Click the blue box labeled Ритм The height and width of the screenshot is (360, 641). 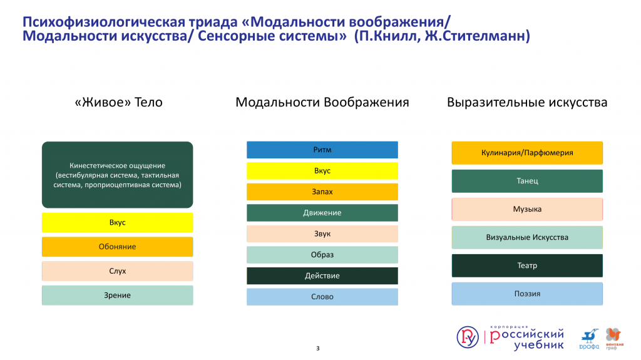pos(322,150)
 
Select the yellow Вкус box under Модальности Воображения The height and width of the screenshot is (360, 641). pos(322,170)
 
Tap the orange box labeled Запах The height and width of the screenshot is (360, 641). pos(322,192)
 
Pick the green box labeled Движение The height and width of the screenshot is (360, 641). pos(322,213)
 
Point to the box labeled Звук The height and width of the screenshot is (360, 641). pos(322,234)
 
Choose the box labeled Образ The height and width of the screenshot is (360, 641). pos(322,254)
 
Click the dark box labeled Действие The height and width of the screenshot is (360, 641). pos(322,275)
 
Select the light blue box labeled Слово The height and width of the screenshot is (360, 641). pos(322,297)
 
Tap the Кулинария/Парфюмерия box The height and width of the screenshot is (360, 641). pos(527,153)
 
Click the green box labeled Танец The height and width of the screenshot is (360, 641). pos(527,181)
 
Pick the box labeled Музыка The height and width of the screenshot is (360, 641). pos(527,209)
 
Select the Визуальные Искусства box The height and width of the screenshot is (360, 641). pos(527,237)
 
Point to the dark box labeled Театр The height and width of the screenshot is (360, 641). pos(527,265)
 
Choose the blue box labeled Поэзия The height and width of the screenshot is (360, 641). pos(527,294)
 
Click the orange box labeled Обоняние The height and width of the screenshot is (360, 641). pos(117,247)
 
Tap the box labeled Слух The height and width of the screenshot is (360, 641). pos(117,271)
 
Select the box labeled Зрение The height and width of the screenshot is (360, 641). pos(117,296)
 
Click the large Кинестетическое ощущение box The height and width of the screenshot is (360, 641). pos(117,175)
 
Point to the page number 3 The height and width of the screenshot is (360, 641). pos(317,349)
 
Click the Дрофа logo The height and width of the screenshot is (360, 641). pos(589,339)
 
